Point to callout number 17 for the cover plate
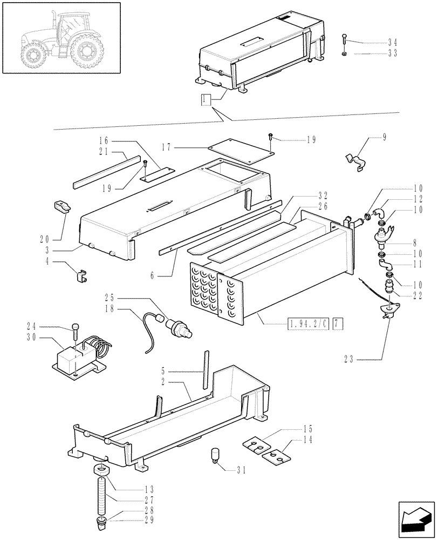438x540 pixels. pos(167,146)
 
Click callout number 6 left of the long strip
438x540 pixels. pos(155,275)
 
